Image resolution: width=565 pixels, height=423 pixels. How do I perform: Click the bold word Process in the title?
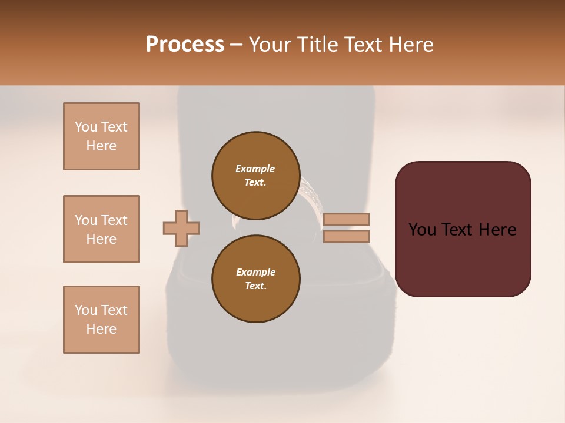[x=185, y=45]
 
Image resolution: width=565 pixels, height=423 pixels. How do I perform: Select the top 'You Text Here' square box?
[x=101, y=136]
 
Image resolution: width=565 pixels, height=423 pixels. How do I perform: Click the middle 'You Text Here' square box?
[x=101, y=229]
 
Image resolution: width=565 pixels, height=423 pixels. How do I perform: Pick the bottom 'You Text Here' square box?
[x=101, y=320]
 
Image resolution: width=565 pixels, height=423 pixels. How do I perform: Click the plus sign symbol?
[x=181, y=228]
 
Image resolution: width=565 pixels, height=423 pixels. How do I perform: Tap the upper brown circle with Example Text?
[x=255, y=176]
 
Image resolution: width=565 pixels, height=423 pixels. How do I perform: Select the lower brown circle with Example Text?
[x=255, y=279]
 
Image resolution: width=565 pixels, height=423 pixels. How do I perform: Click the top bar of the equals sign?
[x=347, y=219]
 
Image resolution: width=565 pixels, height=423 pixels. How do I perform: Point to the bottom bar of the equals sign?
[x=347, y=237]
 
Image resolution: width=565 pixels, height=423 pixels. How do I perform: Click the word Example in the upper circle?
[x=255, y=169]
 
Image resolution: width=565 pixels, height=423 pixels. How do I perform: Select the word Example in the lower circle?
[x=255, y=272]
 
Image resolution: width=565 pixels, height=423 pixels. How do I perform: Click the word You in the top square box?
[x=85, y=127]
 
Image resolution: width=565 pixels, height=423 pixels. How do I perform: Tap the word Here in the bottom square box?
[x=101, y=329]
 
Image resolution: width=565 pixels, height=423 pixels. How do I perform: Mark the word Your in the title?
[x=271, y=45]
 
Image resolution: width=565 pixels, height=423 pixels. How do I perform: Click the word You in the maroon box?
[x=422, y=230]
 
